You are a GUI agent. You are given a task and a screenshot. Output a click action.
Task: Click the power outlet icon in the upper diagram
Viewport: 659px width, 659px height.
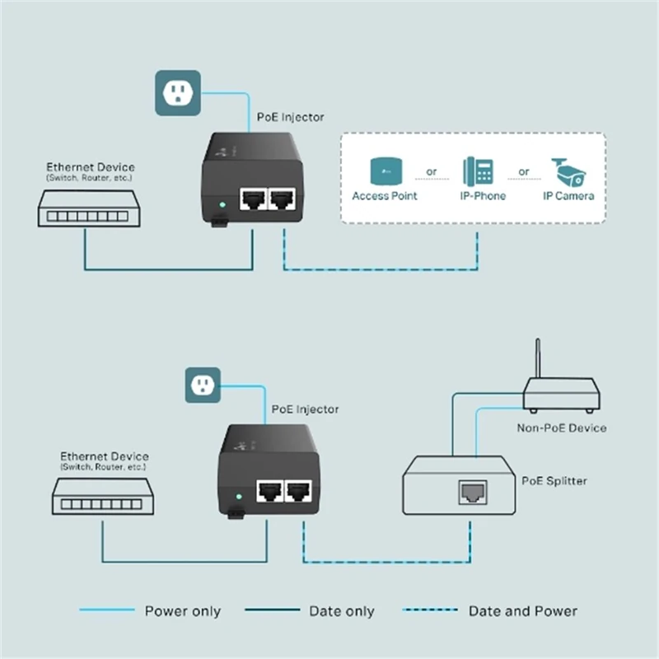point(178,92)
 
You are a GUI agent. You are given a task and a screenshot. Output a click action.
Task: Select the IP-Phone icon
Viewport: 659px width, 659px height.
point(478,171)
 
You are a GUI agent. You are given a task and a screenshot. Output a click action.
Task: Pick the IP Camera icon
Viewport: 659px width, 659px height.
point(568,172)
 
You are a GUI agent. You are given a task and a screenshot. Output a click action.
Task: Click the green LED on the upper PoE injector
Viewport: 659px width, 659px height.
point(220,203)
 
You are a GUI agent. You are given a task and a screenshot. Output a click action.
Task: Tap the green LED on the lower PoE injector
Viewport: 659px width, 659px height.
point(238,497)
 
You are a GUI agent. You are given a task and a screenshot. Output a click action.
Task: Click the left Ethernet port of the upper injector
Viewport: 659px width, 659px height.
point(252,199)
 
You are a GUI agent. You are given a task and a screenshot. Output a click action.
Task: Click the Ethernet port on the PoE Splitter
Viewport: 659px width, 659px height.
point(472,493)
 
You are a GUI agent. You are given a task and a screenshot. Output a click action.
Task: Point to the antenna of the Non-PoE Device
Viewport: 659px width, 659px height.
point(537,358)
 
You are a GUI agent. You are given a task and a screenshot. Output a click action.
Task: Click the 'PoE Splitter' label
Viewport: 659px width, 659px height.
point(554,480)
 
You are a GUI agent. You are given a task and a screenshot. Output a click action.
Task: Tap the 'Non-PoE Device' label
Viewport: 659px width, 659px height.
point(561,428)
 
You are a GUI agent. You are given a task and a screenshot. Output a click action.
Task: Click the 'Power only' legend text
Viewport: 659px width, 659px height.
point(182,611)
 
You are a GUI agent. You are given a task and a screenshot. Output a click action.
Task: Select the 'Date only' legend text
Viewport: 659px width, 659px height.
point(341,611)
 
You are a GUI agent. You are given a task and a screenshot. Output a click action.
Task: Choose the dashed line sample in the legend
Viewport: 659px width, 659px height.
point(431,610)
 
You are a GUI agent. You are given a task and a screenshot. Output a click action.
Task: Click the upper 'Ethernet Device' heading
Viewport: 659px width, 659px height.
point(90,167)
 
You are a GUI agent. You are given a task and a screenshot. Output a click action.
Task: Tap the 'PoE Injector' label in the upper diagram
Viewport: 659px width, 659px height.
point(291,117)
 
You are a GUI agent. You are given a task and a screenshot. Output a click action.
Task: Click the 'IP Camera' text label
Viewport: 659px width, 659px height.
point(568,196)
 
